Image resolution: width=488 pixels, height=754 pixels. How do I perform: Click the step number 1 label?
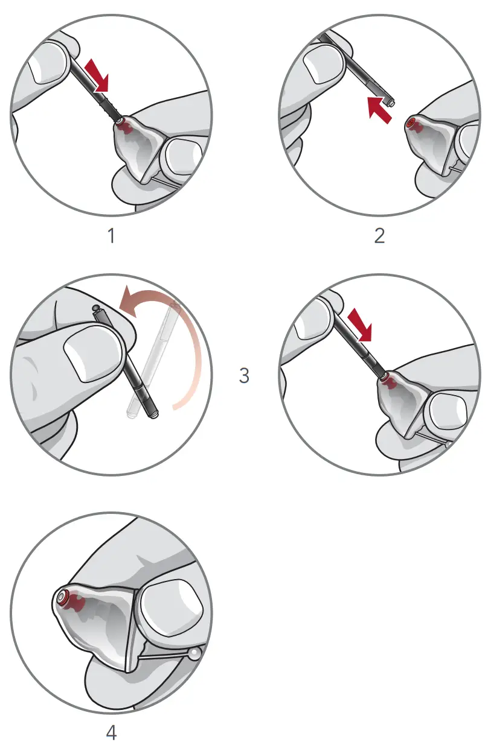click(111, 235)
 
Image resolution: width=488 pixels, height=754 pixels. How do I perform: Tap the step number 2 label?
click(379, 235)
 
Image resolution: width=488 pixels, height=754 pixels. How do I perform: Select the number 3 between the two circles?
click(244, 375)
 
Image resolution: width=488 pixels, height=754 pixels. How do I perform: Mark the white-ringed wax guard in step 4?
click(63, 598)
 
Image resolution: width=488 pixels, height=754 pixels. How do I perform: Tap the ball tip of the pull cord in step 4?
click(194, 653)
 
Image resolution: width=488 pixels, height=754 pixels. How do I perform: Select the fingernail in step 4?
click(170, 603)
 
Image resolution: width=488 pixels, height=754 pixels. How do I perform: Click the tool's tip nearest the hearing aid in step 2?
click(391, 103)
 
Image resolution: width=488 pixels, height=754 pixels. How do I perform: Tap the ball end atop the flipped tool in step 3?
click(95, 308)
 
